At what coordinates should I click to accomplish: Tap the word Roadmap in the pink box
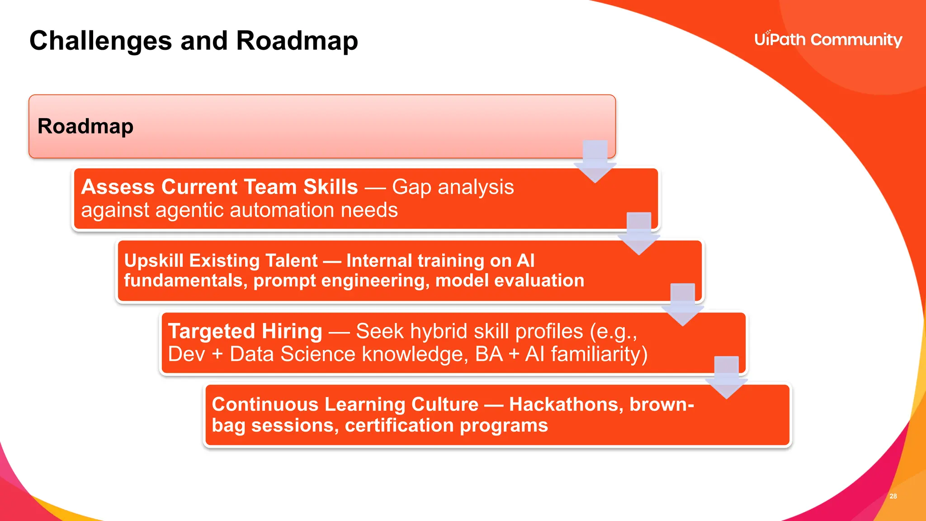click(x=85, y=126)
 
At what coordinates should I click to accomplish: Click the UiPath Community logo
click(x=828, y=40)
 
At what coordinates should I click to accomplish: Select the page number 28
click(x=893, y=496)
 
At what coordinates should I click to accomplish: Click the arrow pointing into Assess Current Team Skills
click(x=595, y=163)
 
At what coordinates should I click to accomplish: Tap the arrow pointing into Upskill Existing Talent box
click(x=639, y=235)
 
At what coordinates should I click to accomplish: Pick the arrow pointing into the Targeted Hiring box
click(x=683, y=306)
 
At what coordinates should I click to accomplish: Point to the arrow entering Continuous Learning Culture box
click(x=727, y=379)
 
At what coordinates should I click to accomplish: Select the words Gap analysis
click(x=453, y=187)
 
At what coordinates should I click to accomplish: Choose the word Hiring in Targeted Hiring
click(x=292, y=331)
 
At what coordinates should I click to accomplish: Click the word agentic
click(x=190, y=210)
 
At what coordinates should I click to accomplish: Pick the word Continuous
click(x=265, y=404)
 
